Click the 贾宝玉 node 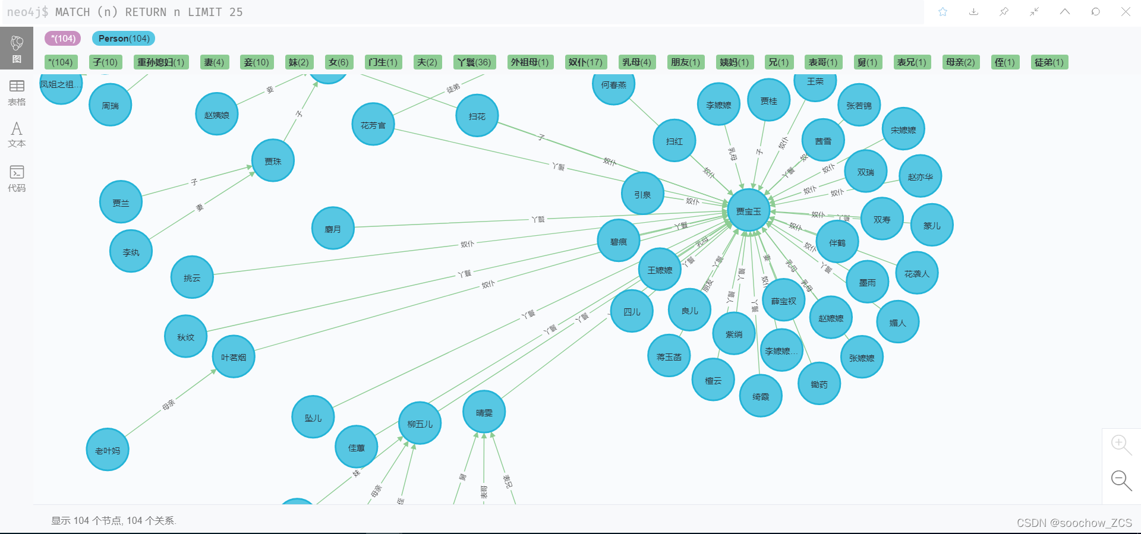tap(748, 211)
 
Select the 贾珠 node tap(273, 161)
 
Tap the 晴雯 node tap(484, 412)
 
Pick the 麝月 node tap(333, 229)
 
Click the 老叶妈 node tap(108, 450)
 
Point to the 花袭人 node tap(916, 273)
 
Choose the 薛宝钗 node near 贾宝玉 tap(783, 301)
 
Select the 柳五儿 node tap(420, 424)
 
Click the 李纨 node tap(131, 252)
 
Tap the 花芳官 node tap(373, 125)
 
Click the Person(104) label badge tap(124, 39)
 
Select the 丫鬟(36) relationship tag tap(474, 62)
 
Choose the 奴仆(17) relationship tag tap(585, 62)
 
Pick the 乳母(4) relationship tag tap(636, 62)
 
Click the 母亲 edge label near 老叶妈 tap(169, 405)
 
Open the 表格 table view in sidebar tap(17, 93)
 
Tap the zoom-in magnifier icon tap(1121, 444)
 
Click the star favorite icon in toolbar tap(943, 12)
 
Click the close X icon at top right tap(1126, 12)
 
